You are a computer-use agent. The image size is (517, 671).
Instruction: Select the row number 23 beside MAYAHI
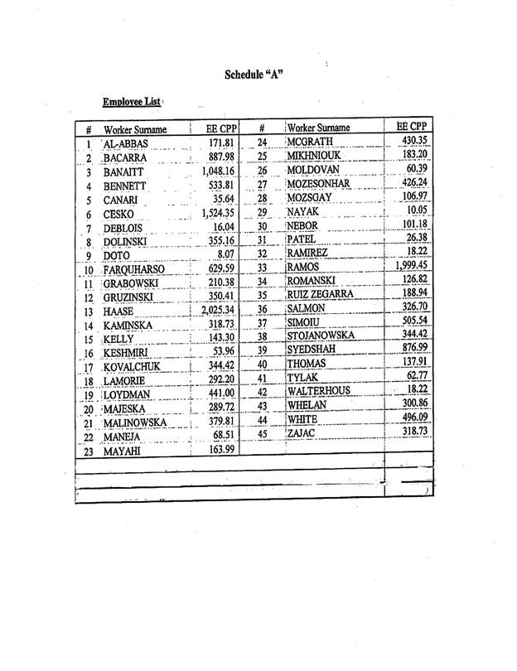(x=89, y=453)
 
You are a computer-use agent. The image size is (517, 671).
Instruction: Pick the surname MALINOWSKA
(x=135, y=424)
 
